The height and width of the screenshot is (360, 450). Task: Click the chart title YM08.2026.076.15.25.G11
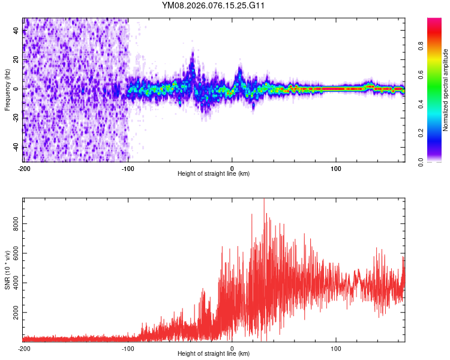pos(214,6)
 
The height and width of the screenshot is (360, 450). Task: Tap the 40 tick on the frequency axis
pos(16,31)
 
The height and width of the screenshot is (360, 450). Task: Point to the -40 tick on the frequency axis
pos(16,147)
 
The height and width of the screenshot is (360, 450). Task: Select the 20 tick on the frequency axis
pos(16,60)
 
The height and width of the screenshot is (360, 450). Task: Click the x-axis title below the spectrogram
pos(214,173)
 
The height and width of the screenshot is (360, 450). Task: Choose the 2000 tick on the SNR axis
pos(16,313)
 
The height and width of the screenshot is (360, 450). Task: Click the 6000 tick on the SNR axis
pos(16,253)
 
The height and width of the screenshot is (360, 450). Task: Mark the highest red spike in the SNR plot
pos(264,200)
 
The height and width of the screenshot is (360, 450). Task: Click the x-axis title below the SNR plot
pos(214,354)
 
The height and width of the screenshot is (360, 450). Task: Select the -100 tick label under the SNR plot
pos(128,348)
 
